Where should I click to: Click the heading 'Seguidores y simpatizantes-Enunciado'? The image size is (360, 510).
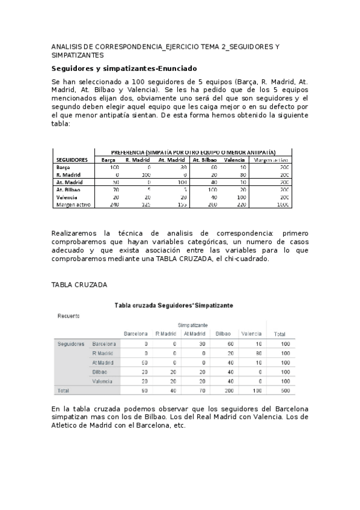click(124, 69)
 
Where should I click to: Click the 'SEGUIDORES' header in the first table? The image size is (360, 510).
click(72, 160)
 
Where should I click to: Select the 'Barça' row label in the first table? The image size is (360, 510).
click(64, 167)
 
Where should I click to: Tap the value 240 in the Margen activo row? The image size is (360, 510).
click(114, 204)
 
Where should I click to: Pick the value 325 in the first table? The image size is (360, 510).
click(145, 204)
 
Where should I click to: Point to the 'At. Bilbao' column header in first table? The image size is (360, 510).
click(203, 160)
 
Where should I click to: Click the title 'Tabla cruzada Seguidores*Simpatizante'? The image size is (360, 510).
click(174, 306)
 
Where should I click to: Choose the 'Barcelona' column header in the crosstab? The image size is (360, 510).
click(135, 334)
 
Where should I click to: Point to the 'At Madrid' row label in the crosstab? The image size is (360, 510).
click(103, 363)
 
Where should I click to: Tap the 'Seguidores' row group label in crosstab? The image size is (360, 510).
click(71, 344)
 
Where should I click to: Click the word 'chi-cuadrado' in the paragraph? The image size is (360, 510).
click(229, 259)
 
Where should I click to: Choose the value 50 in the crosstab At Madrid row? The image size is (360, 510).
click(145, 363)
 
